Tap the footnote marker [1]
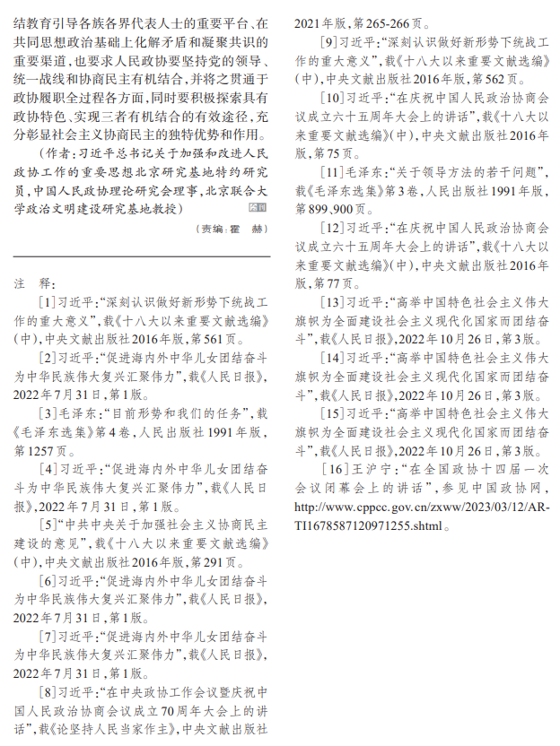pos(47,302)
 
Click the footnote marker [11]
pos(332,171)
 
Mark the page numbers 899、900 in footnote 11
pos(330,208)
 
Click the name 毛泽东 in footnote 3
pos(74,413)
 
